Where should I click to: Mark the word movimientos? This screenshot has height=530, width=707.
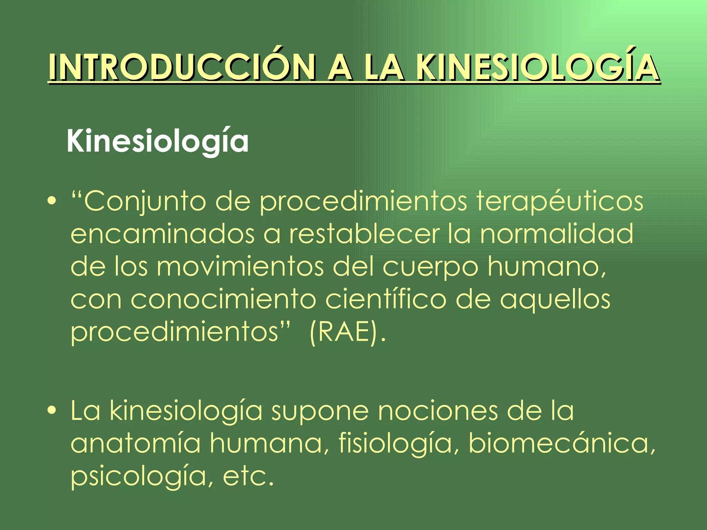[240, 266]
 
